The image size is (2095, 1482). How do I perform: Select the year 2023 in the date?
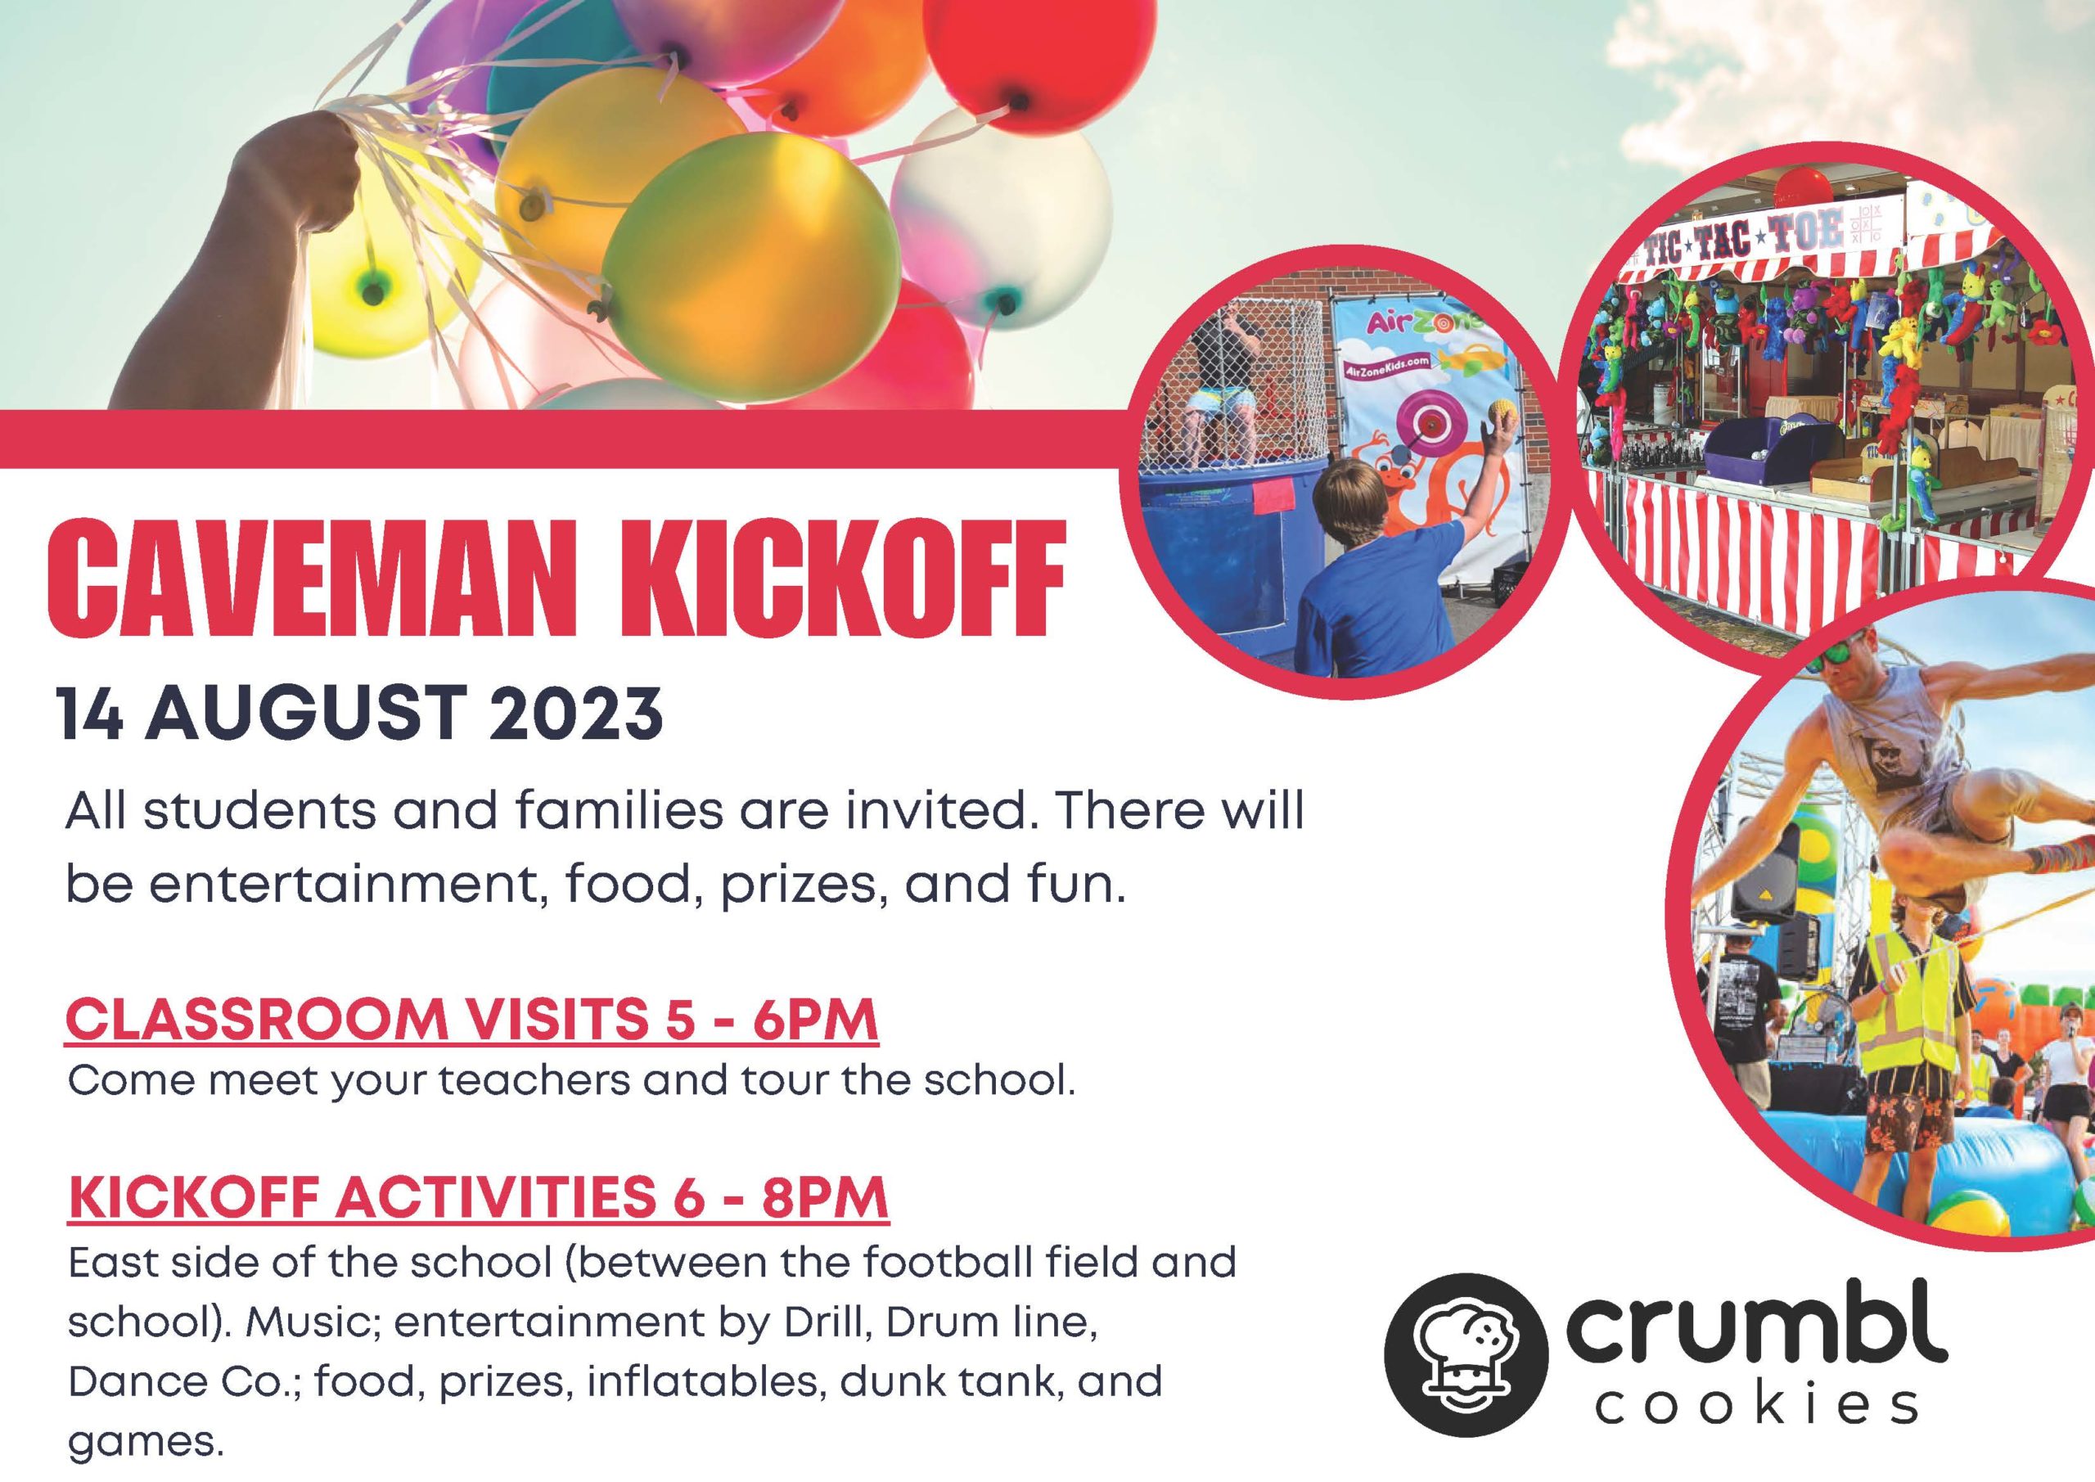coord(576,713)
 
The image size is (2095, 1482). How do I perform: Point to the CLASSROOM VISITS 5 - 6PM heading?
coord(471,1020)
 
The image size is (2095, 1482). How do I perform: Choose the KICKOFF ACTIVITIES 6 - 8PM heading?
coord(478,1198)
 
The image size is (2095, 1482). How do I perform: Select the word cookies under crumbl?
coord(1756,1406)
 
